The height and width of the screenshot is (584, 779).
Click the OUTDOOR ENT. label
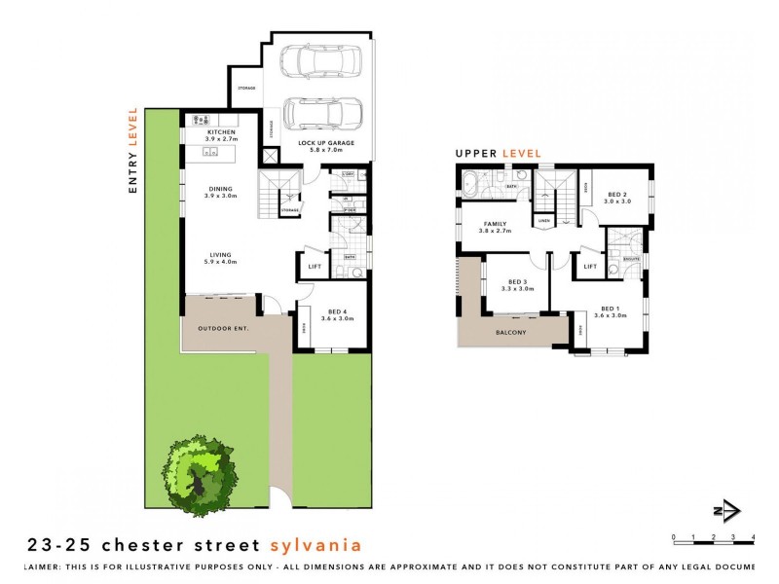pyautogui.click(x=224, y=329)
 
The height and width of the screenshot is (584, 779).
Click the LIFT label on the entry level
pyautogui.click(x=315, y=266)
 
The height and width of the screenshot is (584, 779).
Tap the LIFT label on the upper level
pyautogui.click(x=590, y=266)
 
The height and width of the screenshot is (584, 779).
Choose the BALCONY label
pyautogui.click(x=511, y=333)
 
